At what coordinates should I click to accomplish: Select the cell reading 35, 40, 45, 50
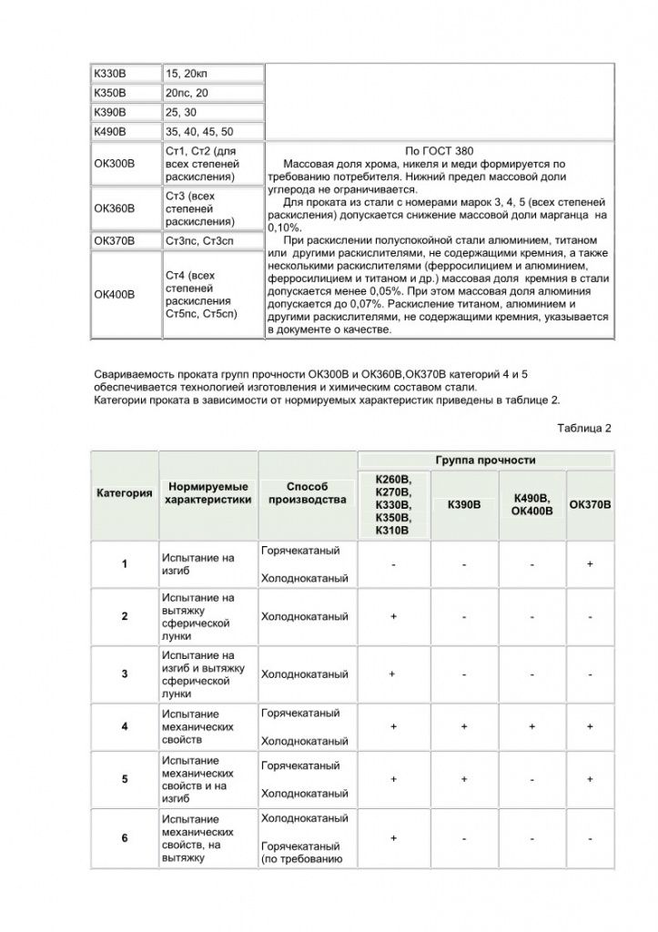[199, 132]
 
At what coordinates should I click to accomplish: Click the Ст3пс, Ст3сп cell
[200, 241]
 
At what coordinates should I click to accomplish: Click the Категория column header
[125, 493]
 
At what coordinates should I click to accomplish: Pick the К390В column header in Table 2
[464, 504]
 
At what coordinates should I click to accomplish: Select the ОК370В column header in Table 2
[590, 504]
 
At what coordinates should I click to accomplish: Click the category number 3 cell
[125, 674]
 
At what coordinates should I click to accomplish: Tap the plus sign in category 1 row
[590, 564]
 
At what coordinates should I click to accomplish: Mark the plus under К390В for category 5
[464, 779]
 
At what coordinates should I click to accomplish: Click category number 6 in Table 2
[125, 838]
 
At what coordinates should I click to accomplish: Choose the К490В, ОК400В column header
[532, 504]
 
